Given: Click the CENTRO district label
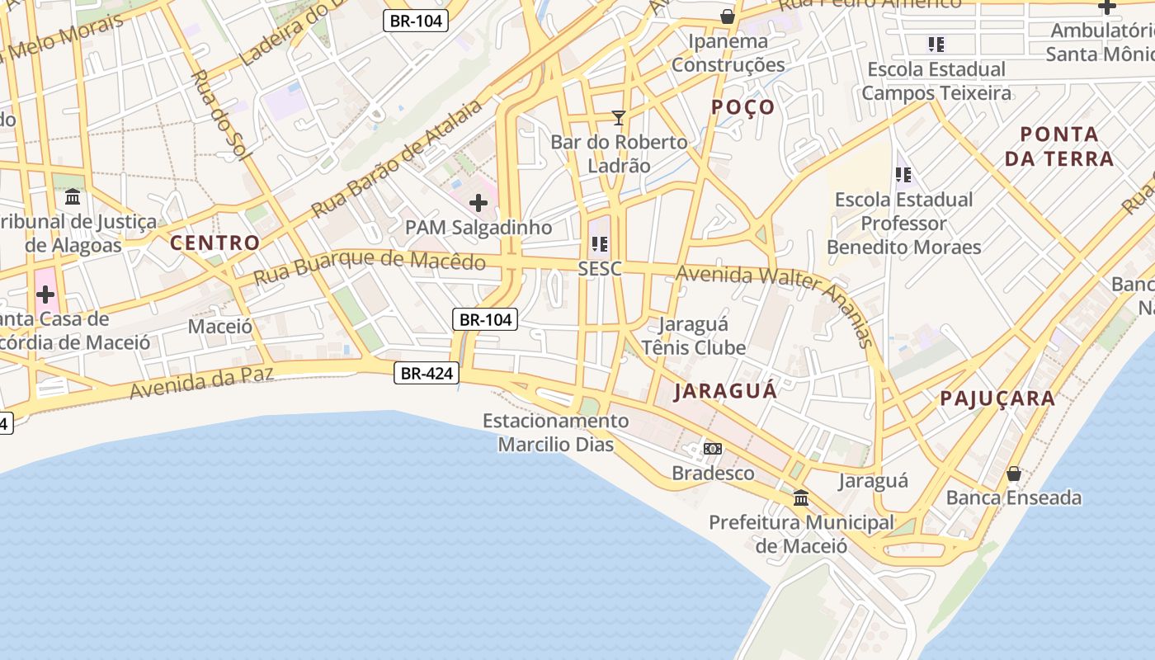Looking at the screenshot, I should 214,243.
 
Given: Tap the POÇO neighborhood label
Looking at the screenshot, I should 742,107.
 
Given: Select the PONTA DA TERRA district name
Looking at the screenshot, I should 1059,146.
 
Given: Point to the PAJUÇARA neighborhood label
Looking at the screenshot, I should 997,398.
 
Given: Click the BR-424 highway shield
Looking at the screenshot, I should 427,374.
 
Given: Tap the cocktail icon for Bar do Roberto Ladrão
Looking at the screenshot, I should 618,118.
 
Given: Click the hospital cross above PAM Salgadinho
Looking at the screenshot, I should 478,203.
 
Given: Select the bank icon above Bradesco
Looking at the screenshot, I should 713,449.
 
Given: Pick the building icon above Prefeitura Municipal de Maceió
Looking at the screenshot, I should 800,498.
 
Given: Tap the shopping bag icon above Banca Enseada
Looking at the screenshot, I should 1013,474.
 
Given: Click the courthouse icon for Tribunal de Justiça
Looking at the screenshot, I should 73,197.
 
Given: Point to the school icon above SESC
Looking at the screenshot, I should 600,244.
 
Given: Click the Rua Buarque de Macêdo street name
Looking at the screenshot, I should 369,267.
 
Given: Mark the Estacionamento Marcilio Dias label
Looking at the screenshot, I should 555,432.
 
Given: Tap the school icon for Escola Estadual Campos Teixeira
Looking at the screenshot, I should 936,45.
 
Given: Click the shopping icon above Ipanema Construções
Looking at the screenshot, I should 727,16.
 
